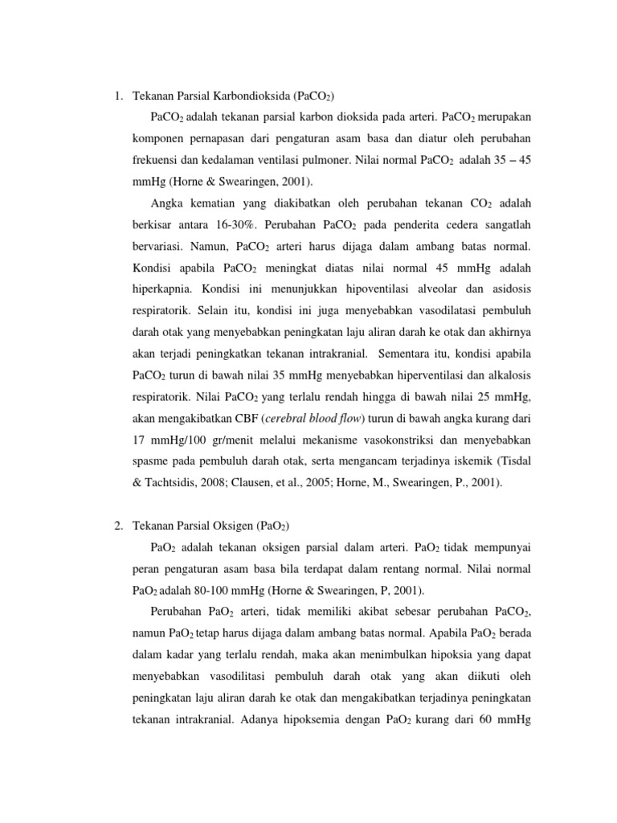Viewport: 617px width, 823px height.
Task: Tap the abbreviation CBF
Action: [x=245, y=417]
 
